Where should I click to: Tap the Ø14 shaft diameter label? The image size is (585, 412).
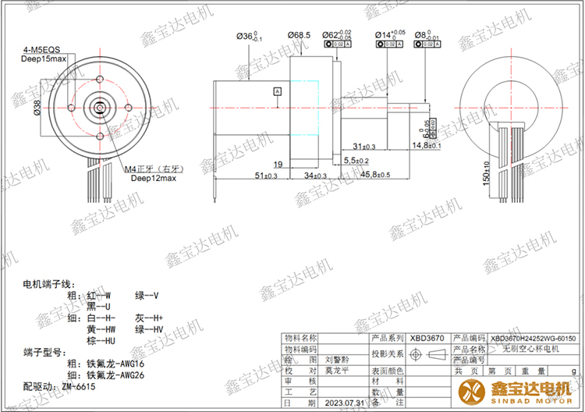tap(390, 35)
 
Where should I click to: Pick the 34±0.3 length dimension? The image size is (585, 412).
tap(314, 176)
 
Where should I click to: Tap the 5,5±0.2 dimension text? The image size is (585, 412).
tap(356, 160)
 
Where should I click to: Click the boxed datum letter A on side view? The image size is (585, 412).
tap(277, 91)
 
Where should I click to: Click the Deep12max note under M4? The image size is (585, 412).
tap(153, 178)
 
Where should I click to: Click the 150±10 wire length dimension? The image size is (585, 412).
tap(485, 173)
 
